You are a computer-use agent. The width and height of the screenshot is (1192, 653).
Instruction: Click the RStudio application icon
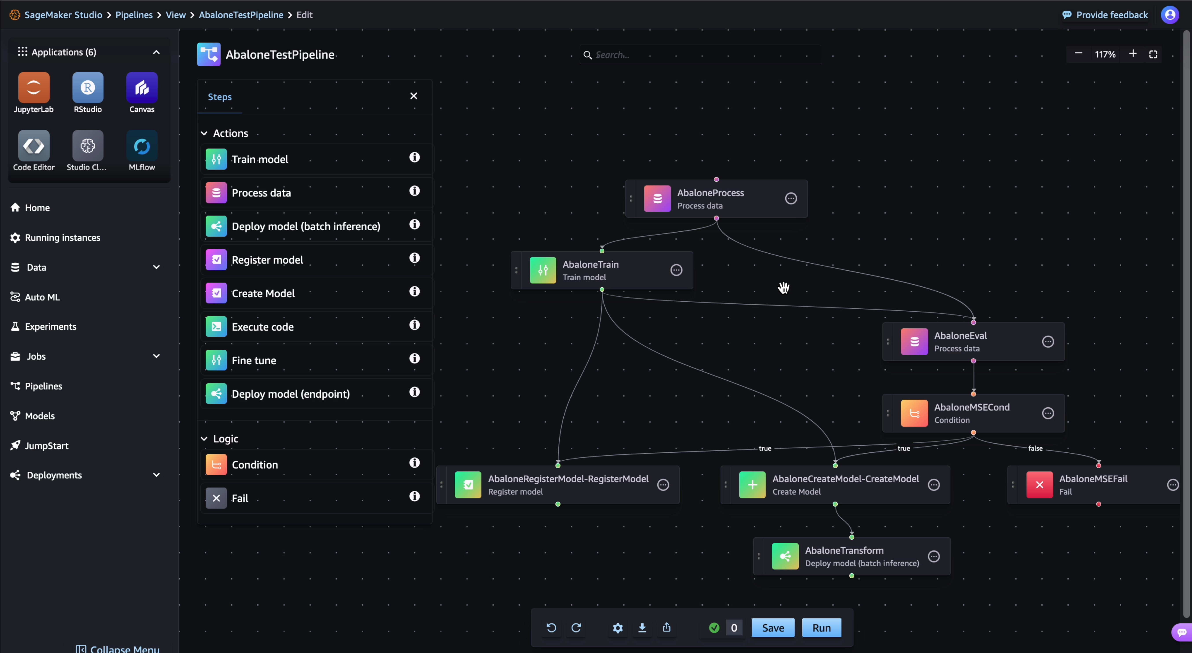(87, 87)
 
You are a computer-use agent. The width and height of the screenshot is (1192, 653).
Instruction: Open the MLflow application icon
(142, 146)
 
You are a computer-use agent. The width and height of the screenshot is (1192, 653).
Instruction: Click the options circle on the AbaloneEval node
(1048, 341)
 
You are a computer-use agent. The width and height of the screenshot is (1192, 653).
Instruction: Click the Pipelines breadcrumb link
(134, 15)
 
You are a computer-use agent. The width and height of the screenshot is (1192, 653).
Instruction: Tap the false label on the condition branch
(1035, 448)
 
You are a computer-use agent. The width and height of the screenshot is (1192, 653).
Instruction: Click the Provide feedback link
(1111, 15)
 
